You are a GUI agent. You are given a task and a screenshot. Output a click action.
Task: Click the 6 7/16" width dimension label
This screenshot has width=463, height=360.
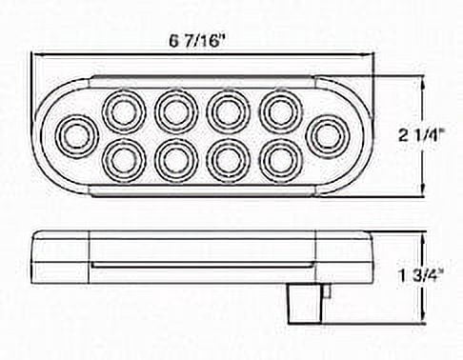click(x=194, y=41)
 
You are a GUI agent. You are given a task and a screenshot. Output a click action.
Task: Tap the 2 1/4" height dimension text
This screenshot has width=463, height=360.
click(x=421, y=136)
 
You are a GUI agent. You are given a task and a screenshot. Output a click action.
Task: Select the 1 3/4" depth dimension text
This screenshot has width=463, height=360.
click(x=421, y=277)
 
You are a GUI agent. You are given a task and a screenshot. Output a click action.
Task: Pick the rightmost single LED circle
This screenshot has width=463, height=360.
click(x=327, y=136)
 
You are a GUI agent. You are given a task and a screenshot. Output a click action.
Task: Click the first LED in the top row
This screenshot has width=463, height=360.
click(x=124, y=111)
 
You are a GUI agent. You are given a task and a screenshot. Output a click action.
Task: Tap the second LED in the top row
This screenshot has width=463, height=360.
click(x=176, y=111)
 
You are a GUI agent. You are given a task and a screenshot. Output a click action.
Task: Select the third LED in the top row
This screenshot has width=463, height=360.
click(x=229, y=111)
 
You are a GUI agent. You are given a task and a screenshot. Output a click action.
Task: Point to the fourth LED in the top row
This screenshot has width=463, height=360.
click(x=280, y=111)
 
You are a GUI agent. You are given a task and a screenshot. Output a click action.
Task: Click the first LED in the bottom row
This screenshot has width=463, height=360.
click(x=124, y=161)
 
